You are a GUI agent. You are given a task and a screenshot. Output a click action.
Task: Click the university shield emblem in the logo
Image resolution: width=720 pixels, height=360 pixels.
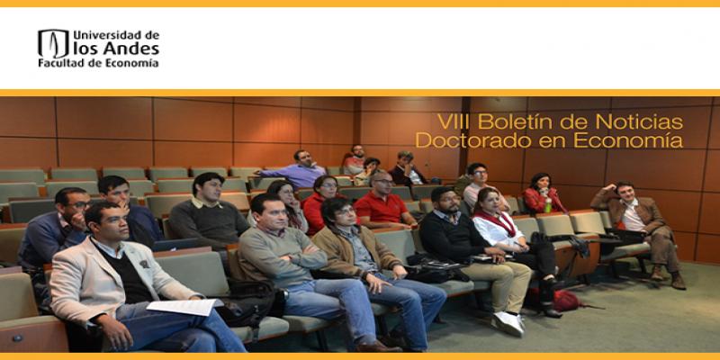[53, 43]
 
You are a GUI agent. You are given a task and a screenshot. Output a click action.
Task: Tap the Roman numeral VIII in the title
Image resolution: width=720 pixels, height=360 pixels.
[454, 122]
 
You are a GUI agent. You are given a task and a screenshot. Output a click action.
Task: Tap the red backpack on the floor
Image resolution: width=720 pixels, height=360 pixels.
[567, 301]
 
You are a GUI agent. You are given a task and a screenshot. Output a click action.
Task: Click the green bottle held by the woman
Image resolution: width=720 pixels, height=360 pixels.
[547, 205]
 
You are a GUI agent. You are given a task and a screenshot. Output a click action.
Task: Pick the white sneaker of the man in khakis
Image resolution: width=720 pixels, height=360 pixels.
[508, 323]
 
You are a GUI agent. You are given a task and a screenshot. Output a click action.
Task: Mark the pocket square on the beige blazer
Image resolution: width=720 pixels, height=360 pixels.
[144, 264]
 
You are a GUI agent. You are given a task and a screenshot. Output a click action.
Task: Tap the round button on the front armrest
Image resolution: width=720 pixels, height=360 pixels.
[17, 339]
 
